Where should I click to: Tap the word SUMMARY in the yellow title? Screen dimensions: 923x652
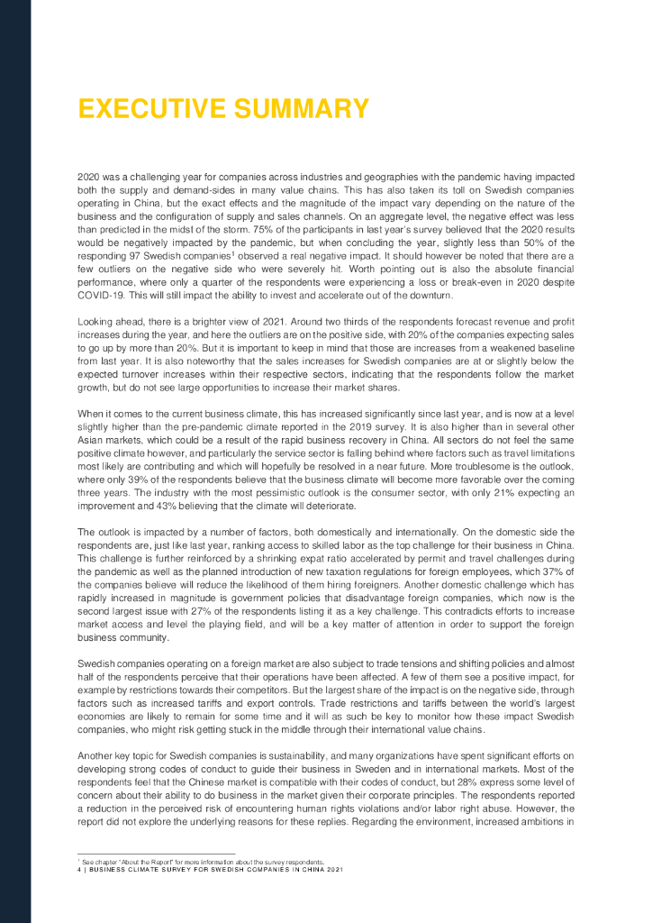pos(300,109)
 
